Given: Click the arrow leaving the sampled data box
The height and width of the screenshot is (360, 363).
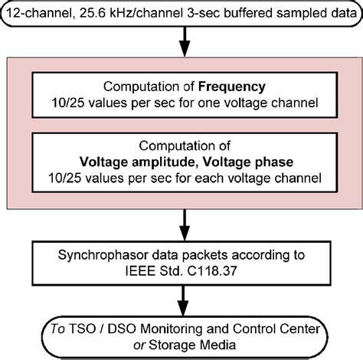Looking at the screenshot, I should coord(181,38).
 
